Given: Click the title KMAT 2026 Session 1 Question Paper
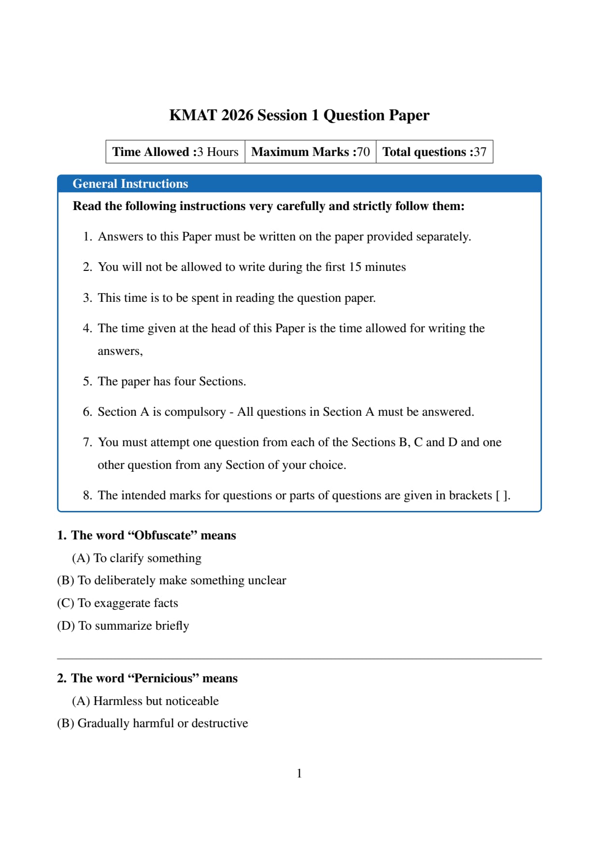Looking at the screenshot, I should click(299, 115).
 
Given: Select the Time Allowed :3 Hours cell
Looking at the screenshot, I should click(175, 152).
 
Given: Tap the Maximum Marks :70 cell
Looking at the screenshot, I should click(311, 152).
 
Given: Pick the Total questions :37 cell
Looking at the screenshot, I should click(434, 152).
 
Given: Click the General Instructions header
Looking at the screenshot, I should click(130, 184).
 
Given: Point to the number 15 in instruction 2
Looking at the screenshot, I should click(355, 267).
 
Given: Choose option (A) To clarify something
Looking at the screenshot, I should click(137, 558).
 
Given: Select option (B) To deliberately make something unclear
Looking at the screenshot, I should click(171, 580).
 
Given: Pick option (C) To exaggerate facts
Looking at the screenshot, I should click(117, 603).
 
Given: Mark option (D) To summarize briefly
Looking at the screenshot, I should click(123, 626).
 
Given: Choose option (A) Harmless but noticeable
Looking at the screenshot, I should click(145, 701).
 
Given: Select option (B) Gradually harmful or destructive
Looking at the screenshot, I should click(152, 723).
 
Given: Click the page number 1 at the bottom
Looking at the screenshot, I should click(299, 774).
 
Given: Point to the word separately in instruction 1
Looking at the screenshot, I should click(443, 237).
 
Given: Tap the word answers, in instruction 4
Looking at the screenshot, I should click(120, 351).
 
